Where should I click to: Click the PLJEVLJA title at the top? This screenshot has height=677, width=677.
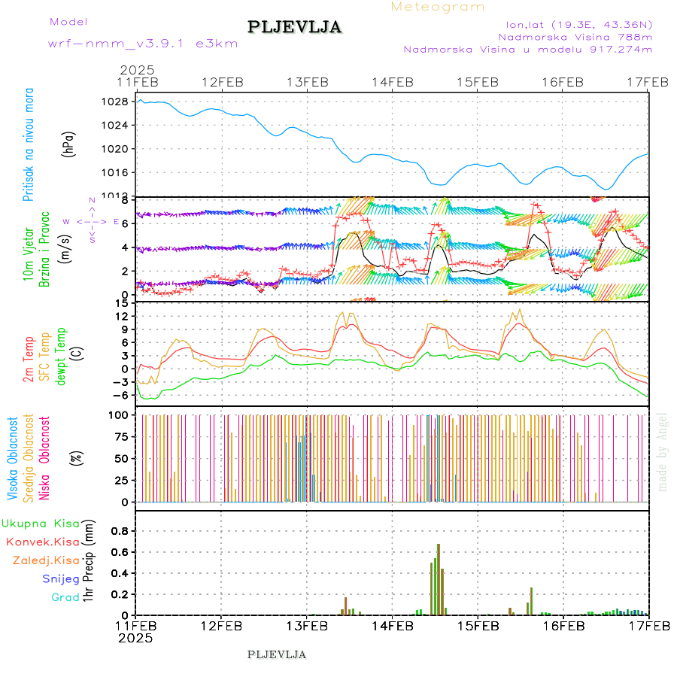point(294,28)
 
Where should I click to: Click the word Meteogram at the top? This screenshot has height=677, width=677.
point(438,7)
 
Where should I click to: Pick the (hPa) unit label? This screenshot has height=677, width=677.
point(69,144)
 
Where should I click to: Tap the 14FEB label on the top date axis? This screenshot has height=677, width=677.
point(392,82)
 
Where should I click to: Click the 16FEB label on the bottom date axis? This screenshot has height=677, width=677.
point(563,625)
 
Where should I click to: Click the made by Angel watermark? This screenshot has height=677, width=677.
point(663,451)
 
